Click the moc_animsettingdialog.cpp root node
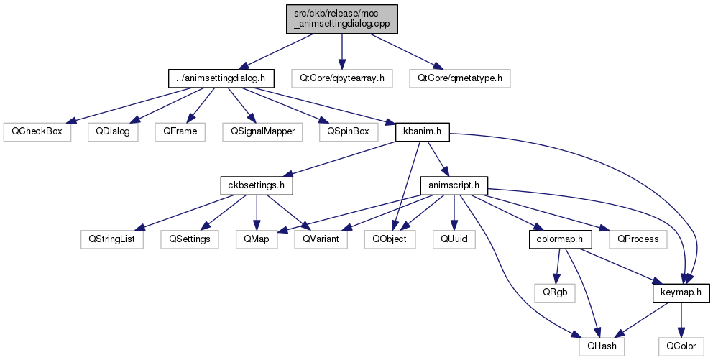point(342,19)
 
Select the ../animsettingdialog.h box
point(221,78)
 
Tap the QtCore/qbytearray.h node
point(342,78)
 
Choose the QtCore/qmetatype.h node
point(460,78)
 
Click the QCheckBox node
point(37,131)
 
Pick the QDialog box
point(113,131)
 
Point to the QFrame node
point(180,131)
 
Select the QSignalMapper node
point(262,131)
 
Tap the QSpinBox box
point(349,131)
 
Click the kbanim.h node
point(423,131)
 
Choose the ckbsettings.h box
point(257,185)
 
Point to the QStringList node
point(112,239)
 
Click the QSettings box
point(190,239)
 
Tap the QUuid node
point(454,239)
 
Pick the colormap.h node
point(561,239)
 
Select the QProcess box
point(638,239)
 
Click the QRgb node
point(555,292)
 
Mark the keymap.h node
point(681,292)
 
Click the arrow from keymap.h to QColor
point(681,320)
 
